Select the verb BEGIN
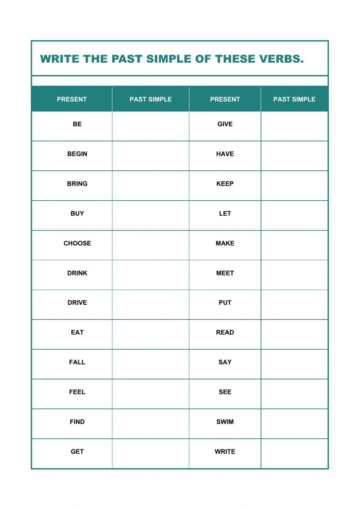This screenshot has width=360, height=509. pyautogui.click(x=77, y=154)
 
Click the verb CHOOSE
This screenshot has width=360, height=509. pyautogui.click(x=77, y=243)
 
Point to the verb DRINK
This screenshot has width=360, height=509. pyautogui.click(x=77, y=273)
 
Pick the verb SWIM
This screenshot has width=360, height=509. pyautogui.click(x=225, y=422)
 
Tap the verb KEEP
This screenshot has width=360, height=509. pyautogui.click(x=225, y=184)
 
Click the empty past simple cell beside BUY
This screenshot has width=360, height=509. pyautogui.click(x=150, y=215)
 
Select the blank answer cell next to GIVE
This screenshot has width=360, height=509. pyautogui.click(x=294, y=126)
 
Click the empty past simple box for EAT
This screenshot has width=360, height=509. pyautogui.click(x=150, y=334)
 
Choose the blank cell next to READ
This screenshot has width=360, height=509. pyautogui.click(x=294, y=334)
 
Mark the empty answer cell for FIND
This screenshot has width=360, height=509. pyautogui.click(x=150, y=424)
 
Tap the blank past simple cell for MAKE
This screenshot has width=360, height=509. pyautogui.click(x=294, y=245)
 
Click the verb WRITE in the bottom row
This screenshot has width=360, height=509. pyautogui.click(x=225, y=451)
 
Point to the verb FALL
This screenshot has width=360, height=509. pyautogui.click(x=77, y=362)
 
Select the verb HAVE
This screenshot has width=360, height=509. pyautogui.click(x=225, y=154)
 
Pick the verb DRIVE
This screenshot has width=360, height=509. pyautogui.click(x=77, y=303)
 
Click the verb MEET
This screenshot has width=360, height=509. pyautogui.click(x=225, y=273)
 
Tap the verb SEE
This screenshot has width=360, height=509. pyautogui.click(x=225, y=392)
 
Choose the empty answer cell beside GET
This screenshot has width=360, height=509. pyautogui.click(x=150, y=454)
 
